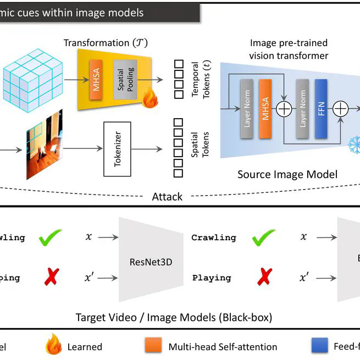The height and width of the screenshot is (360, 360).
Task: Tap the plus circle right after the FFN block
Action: coord(341,109)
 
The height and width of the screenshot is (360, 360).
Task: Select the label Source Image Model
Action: coord(287,175)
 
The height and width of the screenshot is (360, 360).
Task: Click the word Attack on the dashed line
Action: coord(167,196)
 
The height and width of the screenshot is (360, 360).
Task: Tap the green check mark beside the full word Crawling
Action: coord(262,238)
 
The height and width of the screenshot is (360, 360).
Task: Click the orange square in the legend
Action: coord(153,346)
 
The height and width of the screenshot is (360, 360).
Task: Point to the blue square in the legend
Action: coord(319,346)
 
